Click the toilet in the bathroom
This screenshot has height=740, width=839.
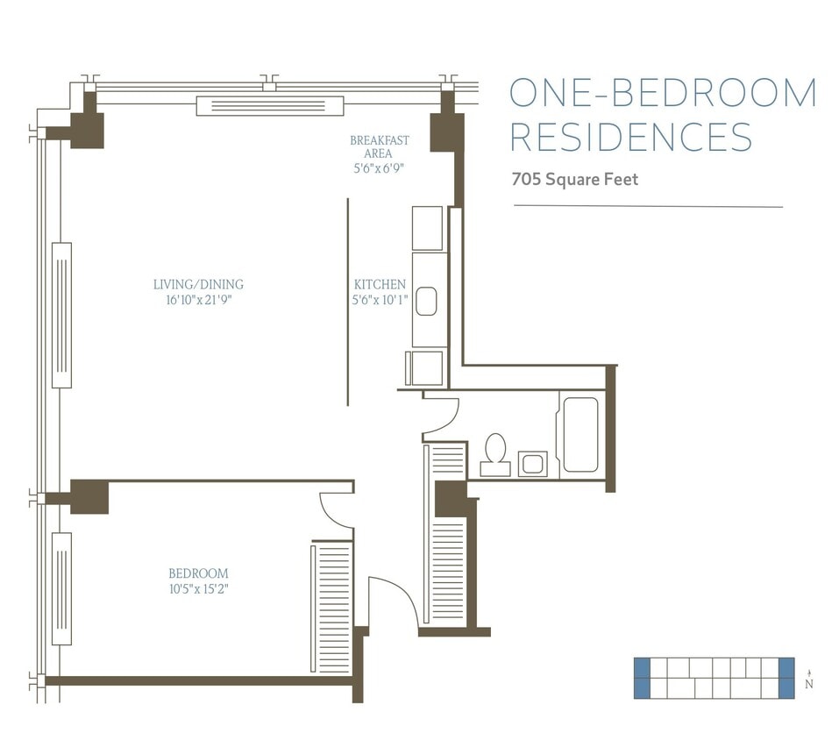[495, 452]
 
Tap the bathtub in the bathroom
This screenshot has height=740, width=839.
[580, 435]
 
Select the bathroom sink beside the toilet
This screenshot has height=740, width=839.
[532, 463]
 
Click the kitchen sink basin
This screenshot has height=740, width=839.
[426, 302]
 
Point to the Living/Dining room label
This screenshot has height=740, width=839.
[198, 284]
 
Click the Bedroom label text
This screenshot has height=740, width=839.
[198, 573]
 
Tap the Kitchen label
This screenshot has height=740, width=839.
[380, 284]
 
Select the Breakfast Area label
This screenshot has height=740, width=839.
[380, 146]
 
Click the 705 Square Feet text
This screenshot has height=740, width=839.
[575, 180]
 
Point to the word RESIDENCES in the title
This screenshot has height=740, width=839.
[631, 138]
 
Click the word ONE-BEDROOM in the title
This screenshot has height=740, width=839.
[663, 93]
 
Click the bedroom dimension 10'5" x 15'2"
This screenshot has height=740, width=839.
[199, 588]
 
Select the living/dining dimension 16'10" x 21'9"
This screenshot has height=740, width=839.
[198, 300]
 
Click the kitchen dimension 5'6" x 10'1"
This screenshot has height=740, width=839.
[380, 300]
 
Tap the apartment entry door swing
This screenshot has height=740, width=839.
[391, 601]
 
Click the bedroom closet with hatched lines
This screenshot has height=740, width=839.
[331, 608]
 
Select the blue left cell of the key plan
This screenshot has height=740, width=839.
[642, 678]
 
